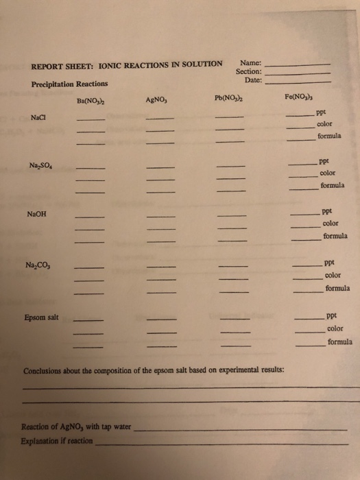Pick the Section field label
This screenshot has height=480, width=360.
click(248, 71)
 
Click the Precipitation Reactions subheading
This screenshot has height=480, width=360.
click(70, 84)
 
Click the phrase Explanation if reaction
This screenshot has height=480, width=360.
click(57, 441)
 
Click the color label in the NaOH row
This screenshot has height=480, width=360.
click(331, 224)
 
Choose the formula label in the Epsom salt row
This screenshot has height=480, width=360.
click(340, 341)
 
